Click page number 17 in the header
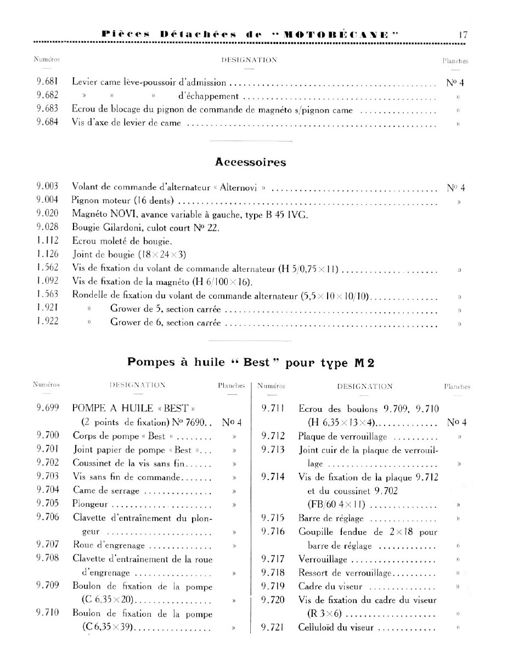(x=463, y=35)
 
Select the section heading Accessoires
(x=251, y=163)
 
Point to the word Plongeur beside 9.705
(x=91, y=504)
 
